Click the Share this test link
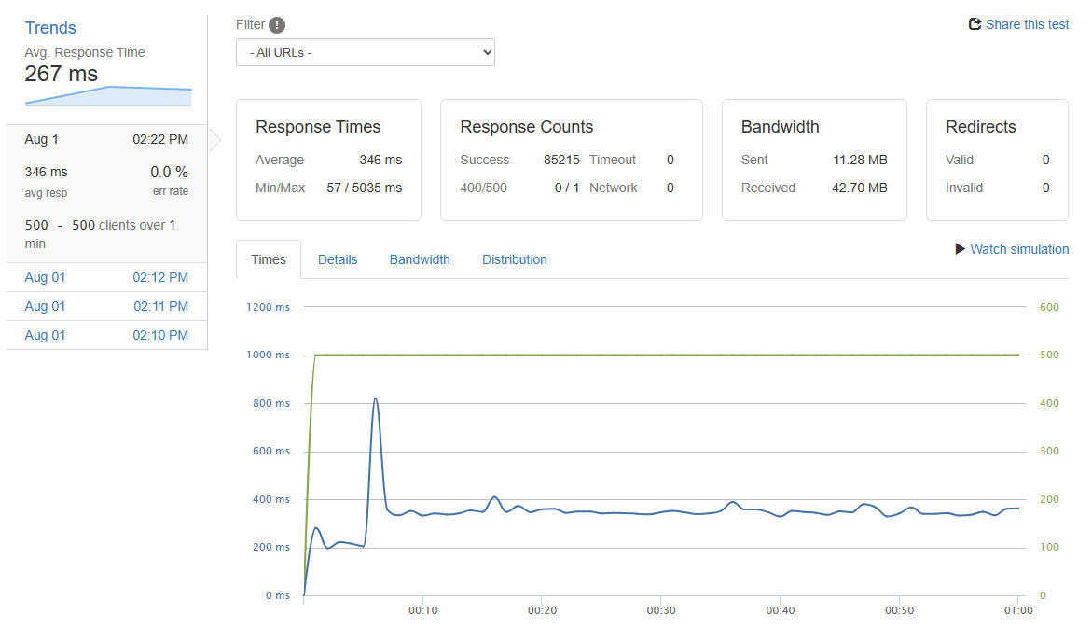tap(1019, 24)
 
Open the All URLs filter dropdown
tap(366, 52)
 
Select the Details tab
tap(338, 259)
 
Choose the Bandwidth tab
tap(420, 259)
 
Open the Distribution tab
tap(515, 259)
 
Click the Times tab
tap(269, 259)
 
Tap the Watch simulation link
tap(1013, 249)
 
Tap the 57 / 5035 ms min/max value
tap(365, 188)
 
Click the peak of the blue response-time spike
tap(375, 398)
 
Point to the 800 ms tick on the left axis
tap(271, 403)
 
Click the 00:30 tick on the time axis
tap(660, 610)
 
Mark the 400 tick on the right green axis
tap(1048, 403)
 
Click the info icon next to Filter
tap(277, 25)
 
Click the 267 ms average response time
tap(62, 74)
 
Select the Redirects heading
tap(981, 127)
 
